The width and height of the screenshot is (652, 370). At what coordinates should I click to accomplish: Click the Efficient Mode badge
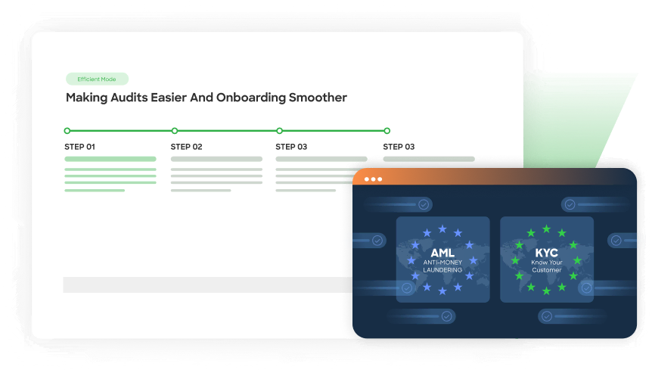pos(97,79)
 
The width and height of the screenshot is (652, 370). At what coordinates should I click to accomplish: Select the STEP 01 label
pos(80,147)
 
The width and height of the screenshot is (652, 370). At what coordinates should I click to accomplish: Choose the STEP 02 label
pos(186,147)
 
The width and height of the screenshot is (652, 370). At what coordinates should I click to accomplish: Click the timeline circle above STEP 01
pos(67,131)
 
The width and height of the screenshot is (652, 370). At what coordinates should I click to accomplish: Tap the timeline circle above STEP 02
pos(175,131)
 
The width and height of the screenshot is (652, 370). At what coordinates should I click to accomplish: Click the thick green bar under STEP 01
pos(110,159)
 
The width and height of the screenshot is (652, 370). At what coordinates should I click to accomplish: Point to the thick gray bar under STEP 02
pos(216,159)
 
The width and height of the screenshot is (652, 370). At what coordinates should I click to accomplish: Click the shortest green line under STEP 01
pos(95,190)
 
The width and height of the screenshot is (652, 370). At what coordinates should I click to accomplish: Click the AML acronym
pos(442,252)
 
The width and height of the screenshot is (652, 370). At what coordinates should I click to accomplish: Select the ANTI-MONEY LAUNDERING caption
pos(442,266)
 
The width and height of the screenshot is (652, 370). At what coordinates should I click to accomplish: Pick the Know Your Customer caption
pos(546,265)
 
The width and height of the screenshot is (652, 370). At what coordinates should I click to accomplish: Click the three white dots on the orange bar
pos(373,179)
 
